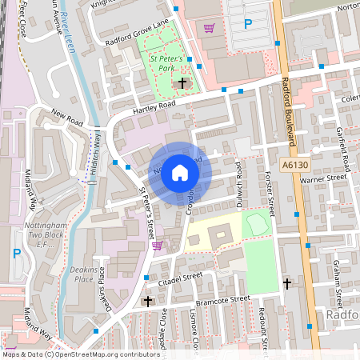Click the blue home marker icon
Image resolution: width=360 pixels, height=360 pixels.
[180, 172]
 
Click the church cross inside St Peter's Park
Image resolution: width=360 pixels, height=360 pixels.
[182, 82]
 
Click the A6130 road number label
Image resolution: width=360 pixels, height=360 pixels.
[295, 163]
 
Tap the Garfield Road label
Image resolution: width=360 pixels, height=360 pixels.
[342, 144]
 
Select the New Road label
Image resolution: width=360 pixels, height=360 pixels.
[66, 118]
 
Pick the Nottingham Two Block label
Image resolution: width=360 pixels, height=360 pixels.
[32, 235]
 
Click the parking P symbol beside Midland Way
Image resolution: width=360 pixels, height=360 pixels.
[17, 254]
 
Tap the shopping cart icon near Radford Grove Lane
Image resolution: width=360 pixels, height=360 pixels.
[210, 28]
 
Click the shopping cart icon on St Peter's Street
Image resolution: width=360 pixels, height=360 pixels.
[158, 246]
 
